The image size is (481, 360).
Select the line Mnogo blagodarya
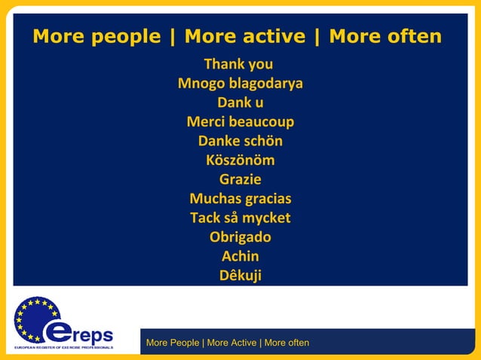click(x=240, y=84)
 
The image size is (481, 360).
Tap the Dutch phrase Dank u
click(x=240, y=102)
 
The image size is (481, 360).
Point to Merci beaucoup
click(x=240, y=122)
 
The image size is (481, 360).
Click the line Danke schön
click(x=240, y=141)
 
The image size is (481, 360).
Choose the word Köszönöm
click(x=240, y=160)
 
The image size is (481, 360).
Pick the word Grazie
click(x=240, y=179)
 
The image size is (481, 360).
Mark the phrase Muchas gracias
click(x=240, y=199)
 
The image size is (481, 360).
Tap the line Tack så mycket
click(x=240, y=218)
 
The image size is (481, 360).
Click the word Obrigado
click(x=240, y=237)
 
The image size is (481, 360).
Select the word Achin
click(x=240, y=256)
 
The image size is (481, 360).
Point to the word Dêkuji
click(x=240, y=276)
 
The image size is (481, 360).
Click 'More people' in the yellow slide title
click(x=97, y=36)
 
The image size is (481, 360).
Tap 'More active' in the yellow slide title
click(x=245, y=36)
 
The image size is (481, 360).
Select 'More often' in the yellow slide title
click(x=385, y=36)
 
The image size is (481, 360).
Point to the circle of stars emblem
click(x=35, y=318)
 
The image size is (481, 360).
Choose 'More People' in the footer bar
click(x=173, y=343)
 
